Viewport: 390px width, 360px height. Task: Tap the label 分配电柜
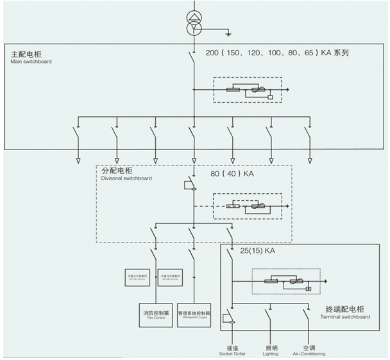tap(117, 172)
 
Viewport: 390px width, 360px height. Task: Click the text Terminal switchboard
tap(346, 317)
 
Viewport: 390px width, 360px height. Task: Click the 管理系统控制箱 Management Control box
tap(194, 314)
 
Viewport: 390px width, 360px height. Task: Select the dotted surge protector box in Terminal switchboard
tap(285, 280)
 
